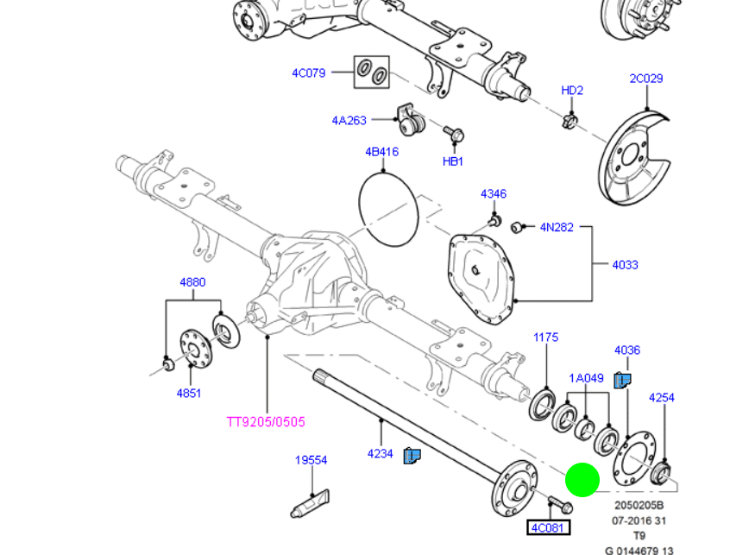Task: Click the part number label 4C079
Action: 308,73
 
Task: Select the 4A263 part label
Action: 349,121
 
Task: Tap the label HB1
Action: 453,161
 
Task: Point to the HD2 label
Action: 572,91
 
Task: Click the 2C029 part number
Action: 645,79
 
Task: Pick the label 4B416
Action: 381,152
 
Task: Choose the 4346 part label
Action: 494,194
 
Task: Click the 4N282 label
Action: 557,228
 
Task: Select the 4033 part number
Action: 626,265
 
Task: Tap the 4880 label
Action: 192,282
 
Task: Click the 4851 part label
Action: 189,394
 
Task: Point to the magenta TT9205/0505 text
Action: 266,422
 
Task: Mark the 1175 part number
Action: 545,337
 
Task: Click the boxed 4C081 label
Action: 549,527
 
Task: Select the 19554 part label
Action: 311,461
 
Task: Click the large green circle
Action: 582,480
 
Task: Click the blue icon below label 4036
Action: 622,380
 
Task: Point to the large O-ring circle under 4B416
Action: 387,206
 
